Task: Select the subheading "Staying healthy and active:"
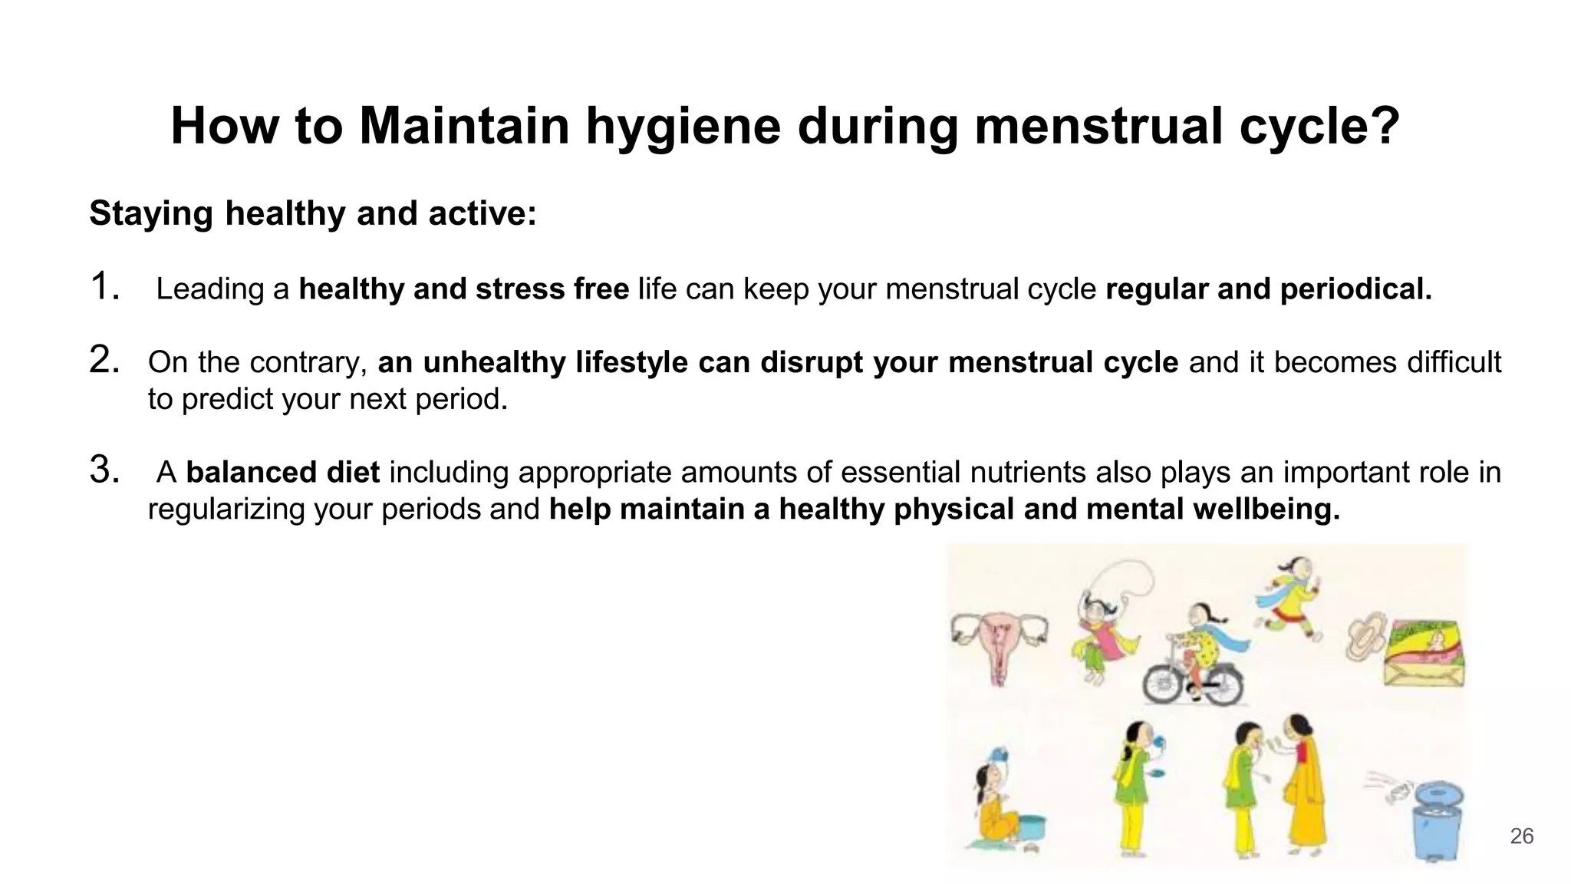[313, 213]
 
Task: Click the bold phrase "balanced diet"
[283, 473]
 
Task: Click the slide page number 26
[1521, 836]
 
